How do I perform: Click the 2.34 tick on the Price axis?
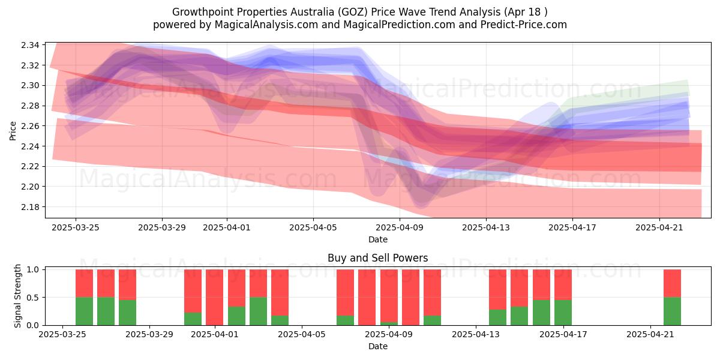[x=30, y=45]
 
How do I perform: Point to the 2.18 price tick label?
[x=30, y=207]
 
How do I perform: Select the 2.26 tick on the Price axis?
[x=30, y=126]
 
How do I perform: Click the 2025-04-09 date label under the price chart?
[x=400, y=227]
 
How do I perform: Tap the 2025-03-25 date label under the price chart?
[x=76, y=227]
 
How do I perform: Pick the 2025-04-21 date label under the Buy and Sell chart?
[x=650, y=335]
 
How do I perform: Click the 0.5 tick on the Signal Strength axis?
[x=33, y=298]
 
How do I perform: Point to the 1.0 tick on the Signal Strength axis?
[x=33, y=269]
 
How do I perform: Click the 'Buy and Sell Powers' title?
[x=377, y=258]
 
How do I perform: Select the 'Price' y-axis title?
[x=13, y=131]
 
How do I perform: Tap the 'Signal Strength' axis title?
[x=17, y=296]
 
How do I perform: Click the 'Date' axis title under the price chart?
[x=378, y=239]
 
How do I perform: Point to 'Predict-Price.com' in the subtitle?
[x=524, y=25]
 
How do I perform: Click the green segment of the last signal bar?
[x=672, y=311]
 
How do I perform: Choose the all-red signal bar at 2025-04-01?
[x=214, y=298]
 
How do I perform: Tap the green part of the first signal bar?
[x=84, y=311]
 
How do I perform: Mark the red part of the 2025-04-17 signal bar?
[x=563, y=285]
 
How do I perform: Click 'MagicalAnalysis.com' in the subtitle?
[x=266, y=25]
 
